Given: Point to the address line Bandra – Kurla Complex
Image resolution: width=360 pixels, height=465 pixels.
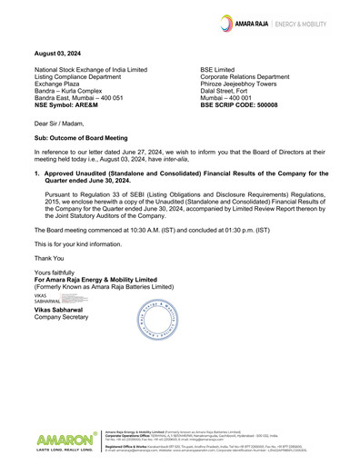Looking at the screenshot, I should coord(75,91).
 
